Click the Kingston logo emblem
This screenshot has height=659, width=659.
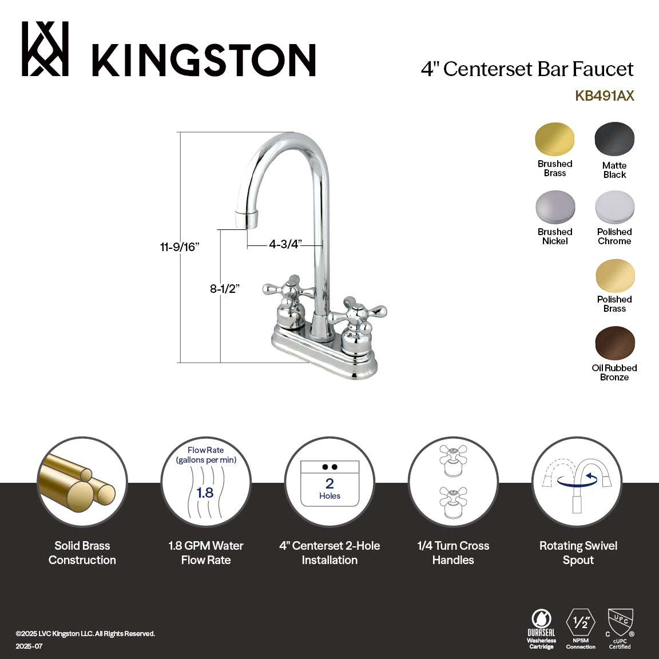(45, 49)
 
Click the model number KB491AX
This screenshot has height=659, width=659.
(604, 96)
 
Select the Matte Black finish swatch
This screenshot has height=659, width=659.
(614, 139)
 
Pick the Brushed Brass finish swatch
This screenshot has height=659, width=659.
(554, 138)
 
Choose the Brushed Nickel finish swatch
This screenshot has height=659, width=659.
(555, 207)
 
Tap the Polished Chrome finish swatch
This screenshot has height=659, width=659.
(614, 207)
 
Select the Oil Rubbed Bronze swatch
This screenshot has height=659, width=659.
(614, 343)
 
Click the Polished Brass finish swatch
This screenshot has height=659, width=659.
(614, 276)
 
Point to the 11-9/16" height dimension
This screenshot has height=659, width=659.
(179, 247)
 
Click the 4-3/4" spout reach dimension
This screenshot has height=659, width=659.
(284, 244)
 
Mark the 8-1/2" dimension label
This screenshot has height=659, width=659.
(224, 289)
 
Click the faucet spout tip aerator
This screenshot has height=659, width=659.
(247, 218)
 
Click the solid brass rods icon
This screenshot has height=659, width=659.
(82, 482)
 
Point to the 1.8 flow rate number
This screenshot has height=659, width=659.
(205, 492)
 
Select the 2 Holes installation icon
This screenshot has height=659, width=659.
(329, 484)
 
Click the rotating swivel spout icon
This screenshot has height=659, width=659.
(577, 482)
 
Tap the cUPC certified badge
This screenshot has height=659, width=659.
(620, 628)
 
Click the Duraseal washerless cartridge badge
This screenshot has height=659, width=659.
(541, 628)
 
